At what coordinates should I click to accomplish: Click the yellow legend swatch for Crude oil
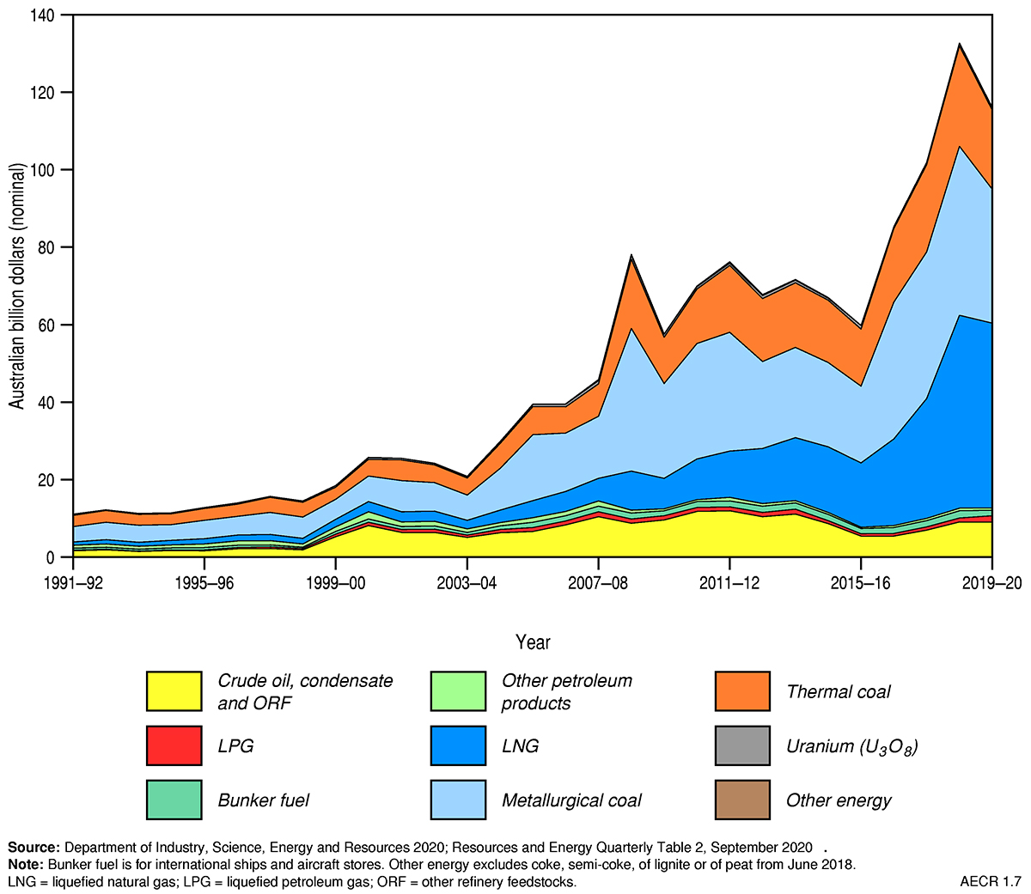pyautogui.click(x=174, y=691)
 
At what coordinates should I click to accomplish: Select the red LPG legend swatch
pyautogui.click(x=174, y=745)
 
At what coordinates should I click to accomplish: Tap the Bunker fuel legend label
pyautogui.click(x=263, y=800)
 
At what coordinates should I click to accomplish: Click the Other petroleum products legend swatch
pyautogui.click(x=458, y=691)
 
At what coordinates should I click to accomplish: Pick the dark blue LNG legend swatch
pyautogui.click(x=458, y=745)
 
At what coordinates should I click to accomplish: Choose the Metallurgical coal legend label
pyautogui.click(x=571, y=800)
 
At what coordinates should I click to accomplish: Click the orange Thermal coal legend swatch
pyautogui.click(x=742, y=691)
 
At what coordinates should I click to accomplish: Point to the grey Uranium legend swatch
pyautogui.click(x=742, y=745)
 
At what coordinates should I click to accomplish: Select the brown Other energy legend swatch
pyautogui.click(x=742, y=800)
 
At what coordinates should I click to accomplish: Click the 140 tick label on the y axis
pyautogui.click(x=42, y=15)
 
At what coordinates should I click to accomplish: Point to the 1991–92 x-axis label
pyautogui.click(x=73, y=581)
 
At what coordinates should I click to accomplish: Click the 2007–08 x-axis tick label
pyautogui.click(x=598, y=581)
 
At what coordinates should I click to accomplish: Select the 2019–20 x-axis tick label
pyautogui.click(x=992, y=581)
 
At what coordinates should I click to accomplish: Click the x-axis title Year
pyautogui.click(x=533, y=642)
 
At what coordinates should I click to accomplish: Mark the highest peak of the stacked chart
pyautogui.click(x=960, y=44)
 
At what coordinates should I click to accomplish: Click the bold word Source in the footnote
pyautogui.click(x=33, y=846)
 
